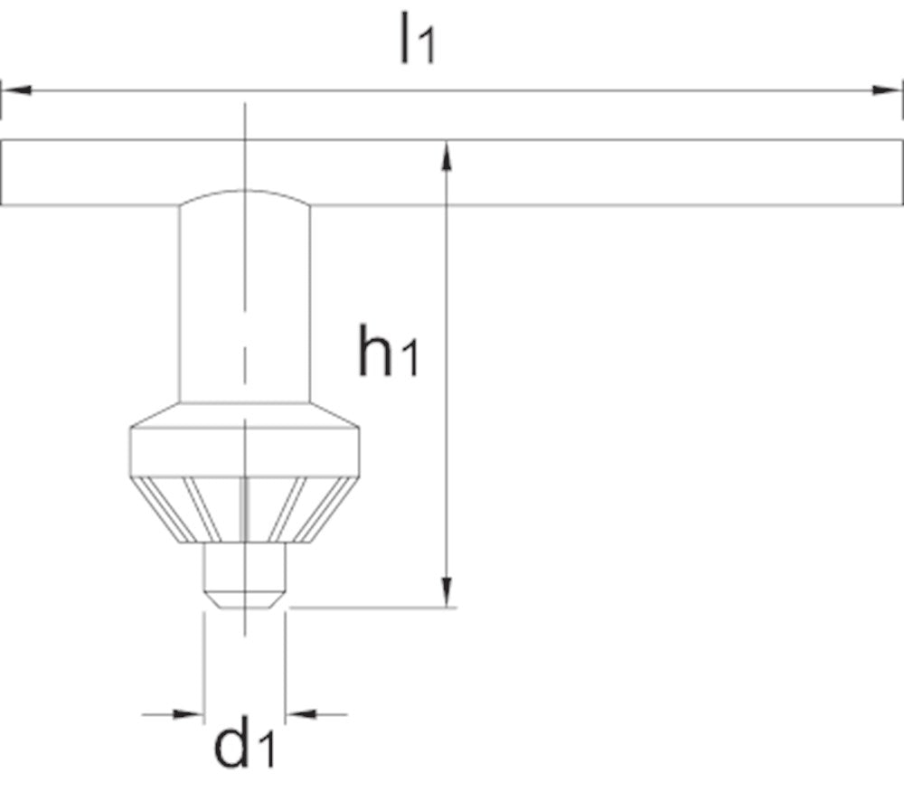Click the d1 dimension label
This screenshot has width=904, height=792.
pos(243,743)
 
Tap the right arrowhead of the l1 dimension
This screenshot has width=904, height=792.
pos(887,90)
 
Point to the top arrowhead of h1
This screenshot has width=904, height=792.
pos(445,155)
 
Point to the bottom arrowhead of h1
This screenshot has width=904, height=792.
pos(445,592)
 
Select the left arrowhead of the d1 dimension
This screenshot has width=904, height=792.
pos(188,714)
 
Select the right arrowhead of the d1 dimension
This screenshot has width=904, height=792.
pos(301,714)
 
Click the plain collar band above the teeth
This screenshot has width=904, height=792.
pos(244,451)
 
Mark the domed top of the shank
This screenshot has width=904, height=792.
pos(244,197)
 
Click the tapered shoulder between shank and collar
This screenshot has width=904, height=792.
pos(244,414)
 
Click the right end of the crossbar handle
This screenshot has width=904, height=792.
pos(890,173)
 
